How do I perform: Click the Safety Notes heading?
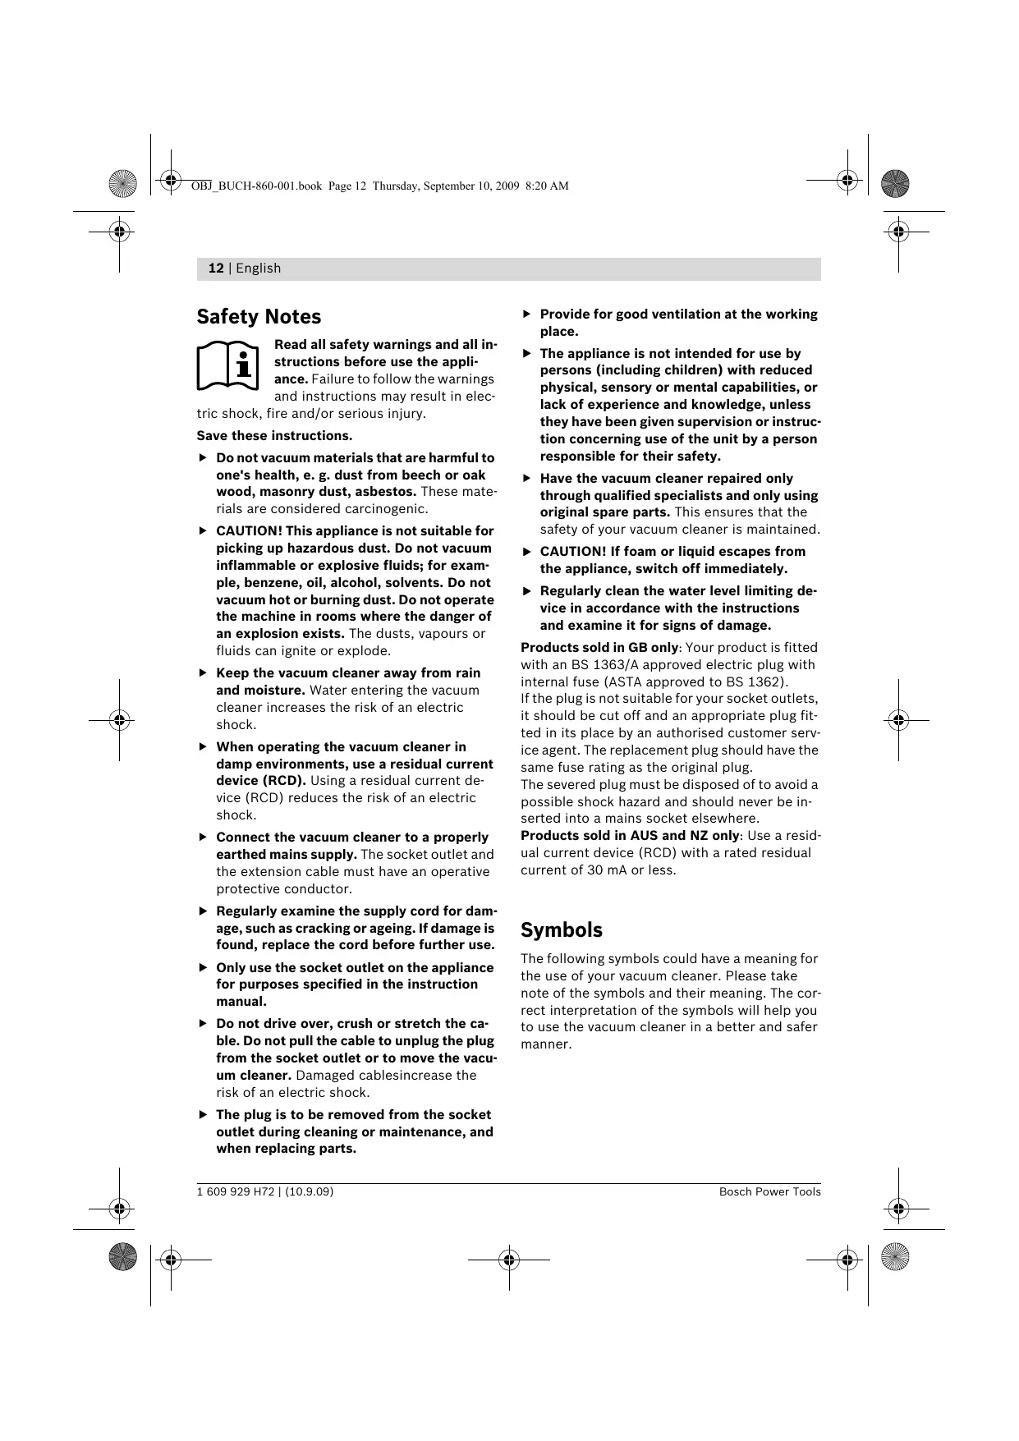point(259,317)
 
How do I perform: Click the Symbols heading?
point(562,930)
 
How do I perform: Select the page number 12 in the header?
point(216,268)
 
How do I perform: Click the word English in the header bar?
point(259,268)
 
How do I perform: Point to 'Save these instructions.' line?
point(274,436)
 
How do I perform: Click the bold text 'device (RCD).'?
point(261,781)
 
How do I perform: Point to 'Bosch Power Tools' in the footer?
point(769,1192)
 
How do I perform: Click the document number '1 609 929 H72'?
point(235,1192)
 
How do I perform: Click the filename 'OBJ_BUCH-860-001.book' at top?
point(256,186)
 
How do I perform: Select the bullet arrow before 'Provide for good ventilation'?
point(528,314)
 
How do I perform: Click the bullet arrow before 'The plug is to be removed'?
point(204,1115)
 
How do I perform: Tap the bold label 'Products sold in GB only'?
point(600,648)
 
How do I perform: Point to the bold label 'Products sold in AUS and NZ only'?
point(630,836)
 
